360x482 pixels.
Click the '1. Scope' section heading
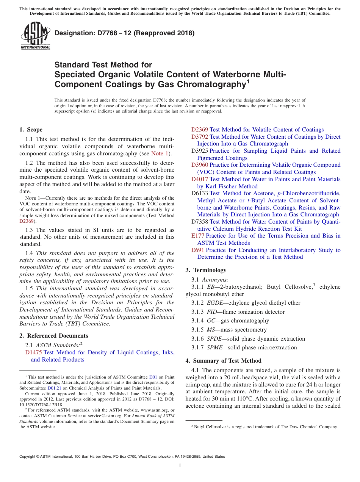point(31,130)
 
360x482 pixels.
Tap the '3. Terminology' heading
point(206,270)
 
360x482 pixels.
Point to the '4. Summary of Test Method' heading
point(223,361)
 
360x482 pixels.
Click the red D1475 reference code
point(33,352)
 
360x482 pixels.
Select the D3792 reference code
point(200,137)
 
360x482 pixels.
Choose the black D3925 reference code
point(200,151)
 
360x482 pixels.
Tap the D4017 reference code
point(200,179)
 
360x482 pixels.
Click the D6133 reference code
point(200,193)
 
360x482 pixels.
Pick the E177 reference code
point(198,236)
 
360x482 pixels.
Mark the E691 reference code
point(198,250)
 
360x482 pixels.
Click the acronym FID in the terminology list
point(212,312)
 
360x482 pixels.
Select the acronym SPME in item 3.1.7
point(214,347)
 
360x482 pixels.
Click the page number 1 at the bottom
point(180,465)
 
